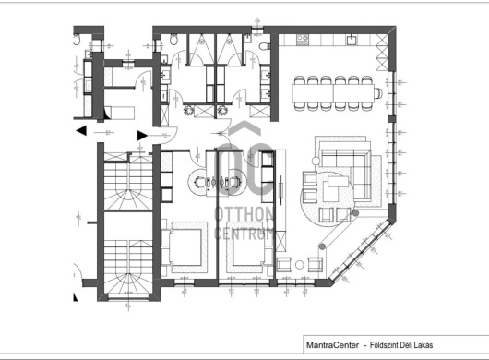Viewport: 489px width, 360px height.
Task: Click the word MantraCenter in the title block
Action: [332, 345]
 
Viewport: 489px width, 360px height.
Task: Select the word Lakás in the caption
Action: [424, 345]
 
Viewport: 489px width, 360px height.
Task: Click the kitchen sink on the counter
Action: [352, 40]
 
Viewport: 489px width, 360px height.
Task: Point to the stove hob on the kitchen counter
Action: [303, 40]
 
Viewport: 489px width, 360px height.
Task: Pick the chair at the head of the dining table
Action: [378, 93]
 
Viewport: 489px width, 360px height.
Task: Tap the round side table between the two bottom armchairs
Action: [299, 265]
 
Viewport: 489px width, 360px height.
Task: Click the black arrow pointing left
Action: [81, 130]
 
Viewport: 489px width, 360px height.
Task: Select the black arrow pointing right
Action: [142, 136]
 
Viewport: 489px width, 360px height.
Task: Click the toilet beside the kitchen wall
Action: [265, 46]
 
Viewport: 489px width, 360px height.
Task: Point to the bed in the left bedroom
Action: [184, 247]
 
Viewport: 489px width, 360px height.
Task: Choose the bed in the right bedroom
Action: [249, 247]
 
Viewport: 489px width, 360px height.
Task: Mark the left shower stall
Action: [202, 49]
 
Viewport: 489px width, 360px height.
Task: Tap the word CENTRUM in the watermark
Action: [244, 234]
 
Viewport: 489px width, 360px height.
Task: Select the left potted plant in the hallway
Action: [188, 110]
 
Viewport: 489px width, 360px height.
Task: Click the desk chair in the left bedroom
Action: [200, 182]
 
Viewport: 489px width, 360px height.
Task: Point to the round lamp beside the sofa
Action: [316, 161]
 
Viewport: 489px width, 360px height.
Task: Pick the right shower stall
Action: [230, 49]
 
